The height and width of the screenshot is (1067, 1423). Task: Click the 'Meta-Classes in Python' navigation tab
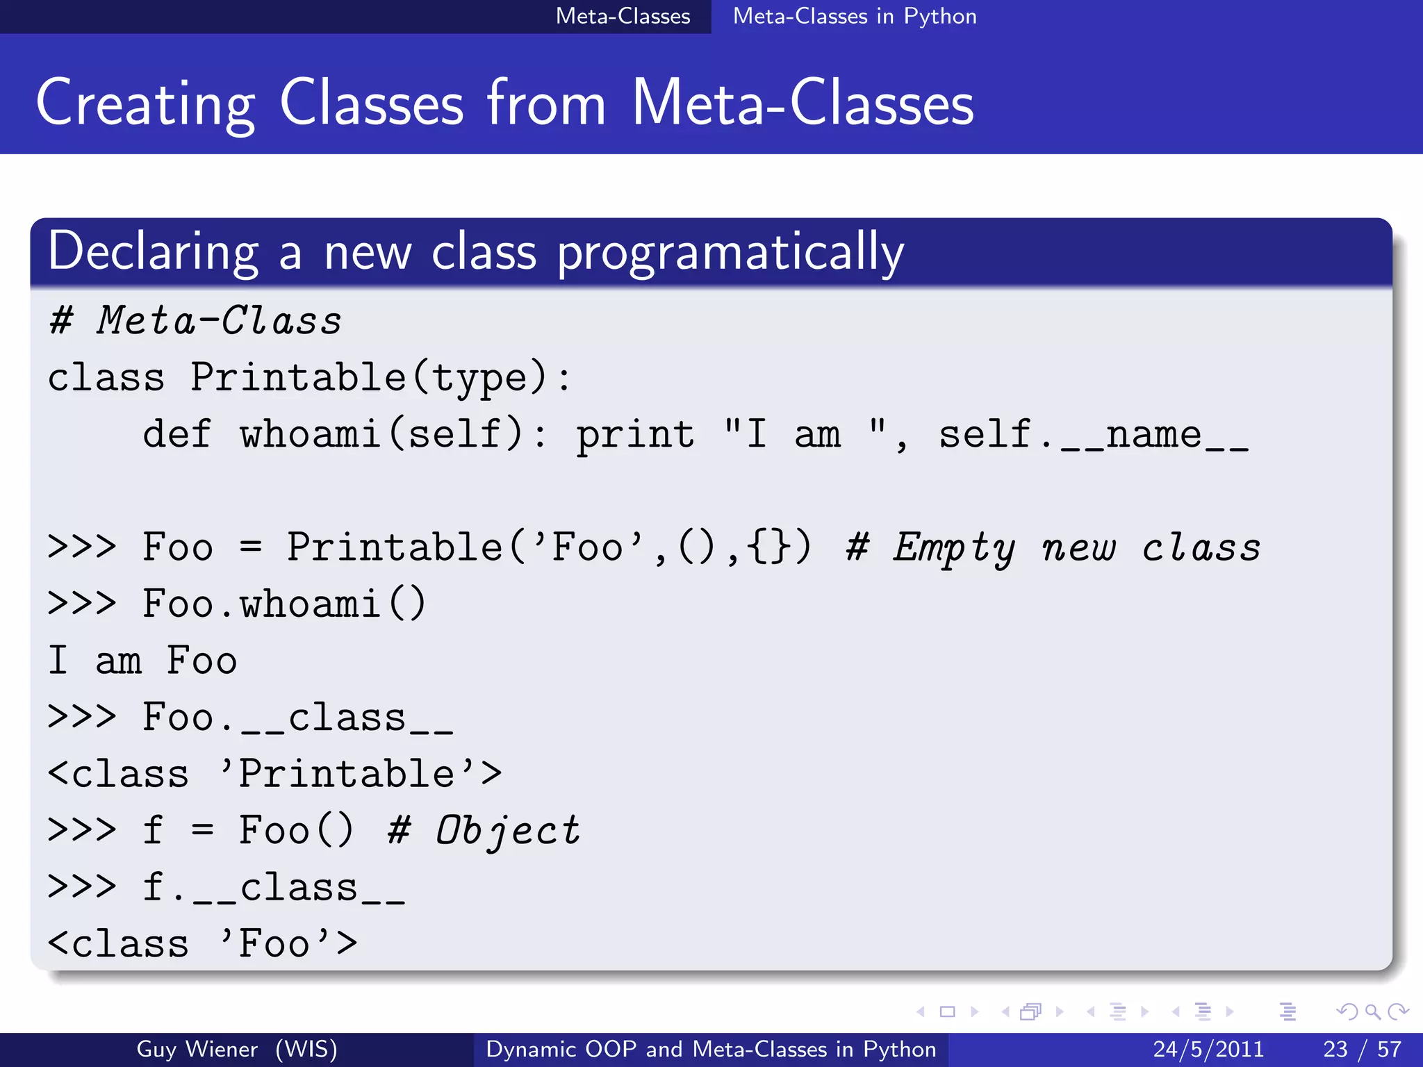click(x=854, y=16)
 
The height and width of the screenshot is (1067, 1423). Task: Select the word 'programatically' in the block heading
click(x=730, y=252)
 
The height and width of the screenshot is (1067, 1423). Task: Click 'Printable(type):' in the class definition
click(x=380, y=378)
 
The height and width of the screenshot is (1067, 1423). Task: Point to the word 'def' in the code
click(x=176, y=435)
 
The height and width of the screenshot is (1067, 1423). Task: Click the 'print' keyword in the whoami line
click(x=635, y=435)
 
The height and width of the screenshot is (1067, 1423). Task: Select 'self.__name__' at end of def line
click(x=1093, y=435)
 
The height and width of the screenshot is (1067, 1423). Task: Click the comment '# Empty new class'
click(x=1053, y=547)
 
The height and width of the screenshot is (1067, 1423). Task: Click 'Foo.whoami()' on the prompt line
click(x=283, y=604)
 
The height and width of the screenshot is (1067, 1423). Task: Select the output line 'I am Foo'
click(x=142, y=661)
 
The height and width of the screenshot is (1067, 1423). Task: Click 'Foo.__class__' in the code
click(x=297, y=717)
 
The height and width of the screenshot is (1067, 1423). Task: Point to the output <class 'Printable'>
click(x=274, y=774)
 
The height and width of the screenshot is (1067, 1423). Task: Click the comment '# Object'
click(x=484, y=831)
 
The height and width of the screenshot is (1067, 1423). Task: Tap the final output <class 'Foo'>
click(x=202, y=944)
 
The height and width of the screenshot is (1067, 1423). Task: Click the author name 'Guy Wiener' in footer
click(x=197, y=1049)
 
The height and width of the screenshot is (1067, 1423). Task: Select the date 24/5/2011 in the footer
click(x=1208, y=1049)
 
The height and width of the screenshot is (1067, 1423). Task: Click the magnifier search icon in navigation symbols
click(x=1372, y=1011)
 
